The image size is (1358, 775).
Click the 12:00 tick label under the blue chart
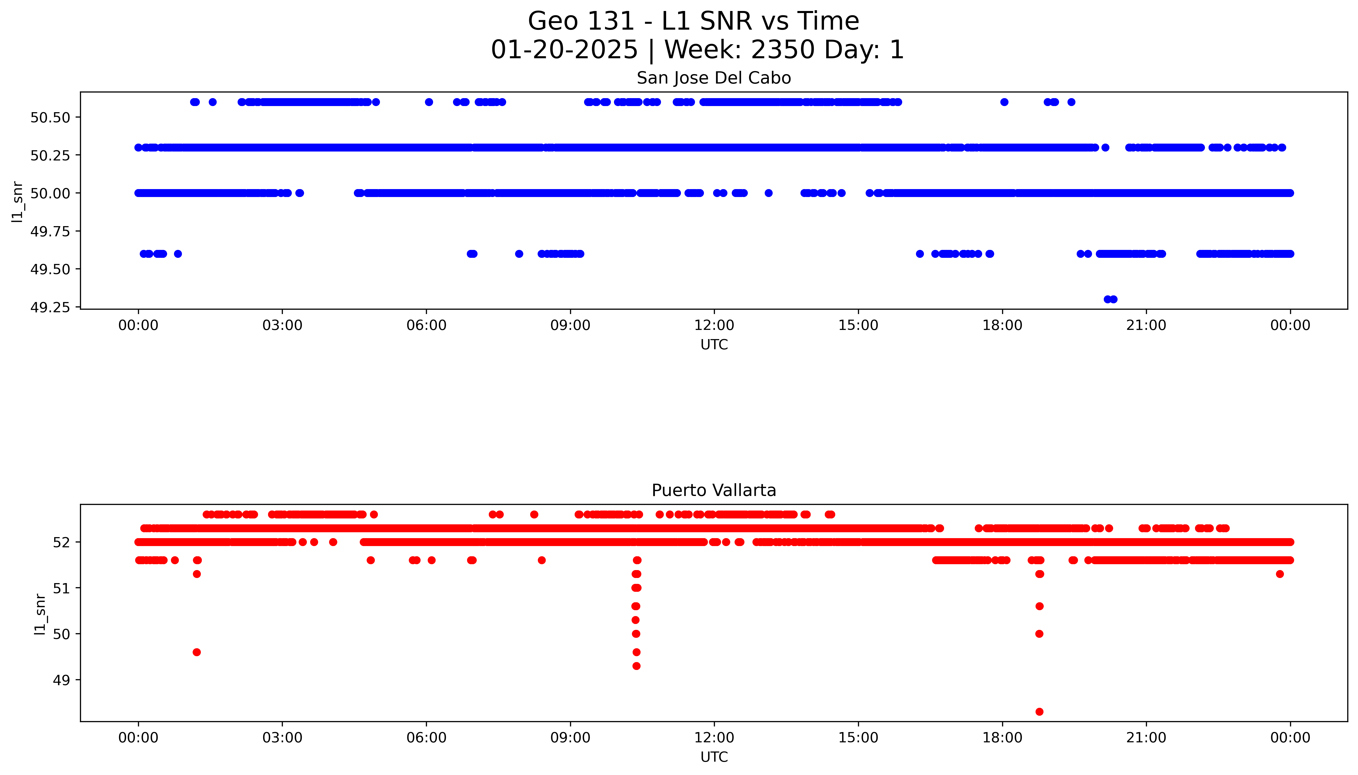point(714,325)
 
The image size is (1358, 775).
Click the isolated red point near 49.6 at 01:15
point(196,652)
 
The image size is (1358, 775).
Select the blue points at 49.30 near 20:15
point(1110,299)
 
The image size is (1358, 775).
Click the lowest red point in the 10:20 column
point(636,666)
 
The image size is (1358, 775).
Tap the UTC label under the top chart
point(714,345)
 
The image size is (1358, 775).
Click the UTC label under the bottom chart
point(714,757)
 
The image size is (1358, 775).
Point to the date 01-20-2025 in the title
point(564,50)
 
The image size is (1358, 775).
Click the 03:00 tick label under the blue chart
point(282,325)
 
